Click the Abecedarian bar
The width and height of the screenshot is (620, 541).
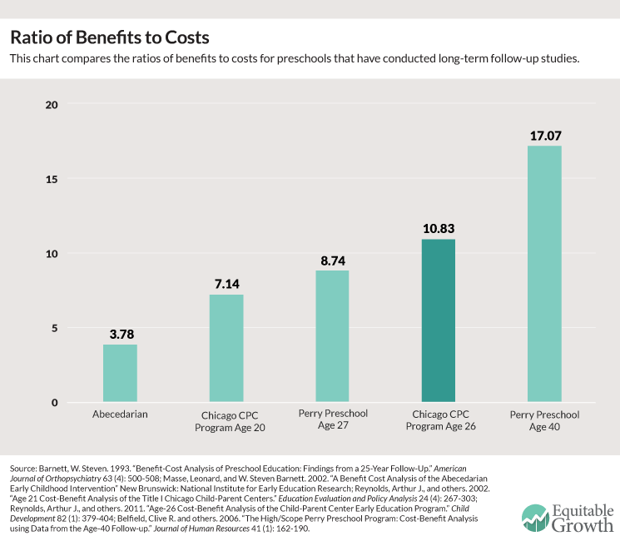(120, 374)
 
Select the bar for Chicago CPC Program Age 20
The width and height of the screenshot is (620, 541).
(226, 349)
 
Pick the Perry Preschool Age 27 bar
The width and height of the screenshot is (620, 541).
(332, 337)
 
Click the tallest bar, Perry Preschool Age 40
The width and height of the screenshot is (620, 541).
(544, 275)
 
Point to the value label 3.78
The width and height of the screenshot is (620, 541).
(120, 334)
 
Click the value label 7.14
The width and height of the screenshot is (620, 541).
(226, 284)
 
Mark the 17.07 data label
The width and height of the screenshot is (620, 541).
(544, 135)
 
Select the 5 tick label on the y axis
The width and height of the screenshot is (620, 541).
(54, 328)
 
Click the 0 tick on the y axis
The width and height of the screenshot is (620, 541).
(54, 403)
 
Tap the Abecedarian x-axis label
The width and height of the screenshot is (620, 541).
(120, 414)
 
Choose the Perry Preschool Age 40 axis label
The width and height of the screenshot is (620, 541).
(544, 420)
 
